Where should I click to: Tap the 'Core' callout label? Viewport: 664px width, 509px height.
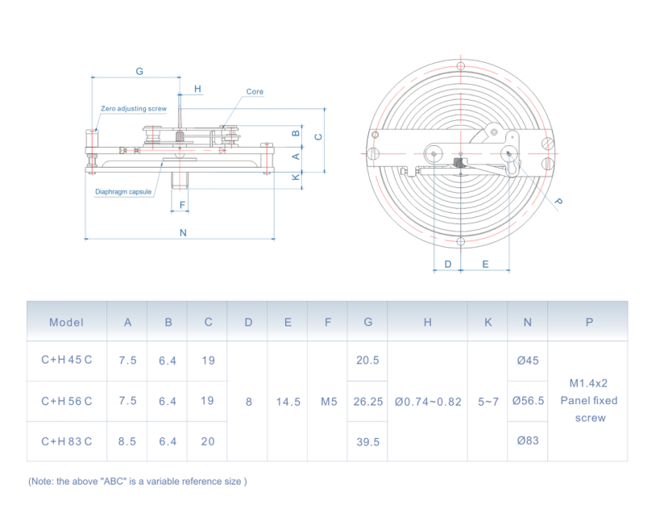(x=255, y=92)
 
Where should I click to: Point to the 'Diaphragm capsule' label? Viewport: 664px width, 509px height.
(x=123, y=191)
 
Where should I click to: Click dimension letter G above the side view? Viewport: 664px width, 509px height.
(x=139, y=71)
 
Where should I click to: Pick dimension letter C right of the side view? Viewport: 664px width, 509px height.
(x=318, y=136)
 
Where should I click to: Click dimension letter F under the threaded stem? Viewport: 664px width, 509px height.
(x=183, y=205)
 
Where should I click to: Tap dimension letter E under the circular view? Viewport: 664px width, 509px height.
(x=485, y=264)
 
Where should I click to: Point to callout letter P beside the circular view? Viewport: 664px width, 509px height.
(x=558, y=201)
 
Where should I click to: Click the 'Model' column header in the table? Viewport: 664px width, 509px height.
(x=66, y=322)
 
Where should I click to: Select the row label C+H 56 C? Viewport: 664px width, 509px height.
(x=66, y=401)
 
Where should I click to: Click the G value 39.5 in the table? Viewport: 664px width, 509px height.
(x=367, y=441)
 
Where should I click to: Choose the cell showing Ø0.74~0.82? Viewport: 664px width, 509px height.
(x=428, y=401)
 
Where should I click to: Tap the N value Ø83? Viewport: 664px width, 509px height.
(x=528, y=441)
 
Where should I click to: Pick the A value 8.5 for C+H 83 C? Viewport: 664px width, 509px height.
(x=127, y=441)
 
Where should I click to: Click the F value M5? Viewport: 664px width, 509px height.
(x=328, y=401)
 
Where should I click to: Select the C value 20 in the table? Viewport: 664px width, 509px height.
(x=208, y=441)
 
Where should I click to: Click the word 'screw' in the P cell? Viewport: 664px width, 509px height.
(x=589, y=418)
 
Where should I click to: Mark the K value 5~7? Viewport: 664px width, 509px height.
(x=488, y=401)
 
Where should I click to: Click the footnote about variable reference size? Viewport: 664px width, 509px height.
(x=137, y=481)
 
